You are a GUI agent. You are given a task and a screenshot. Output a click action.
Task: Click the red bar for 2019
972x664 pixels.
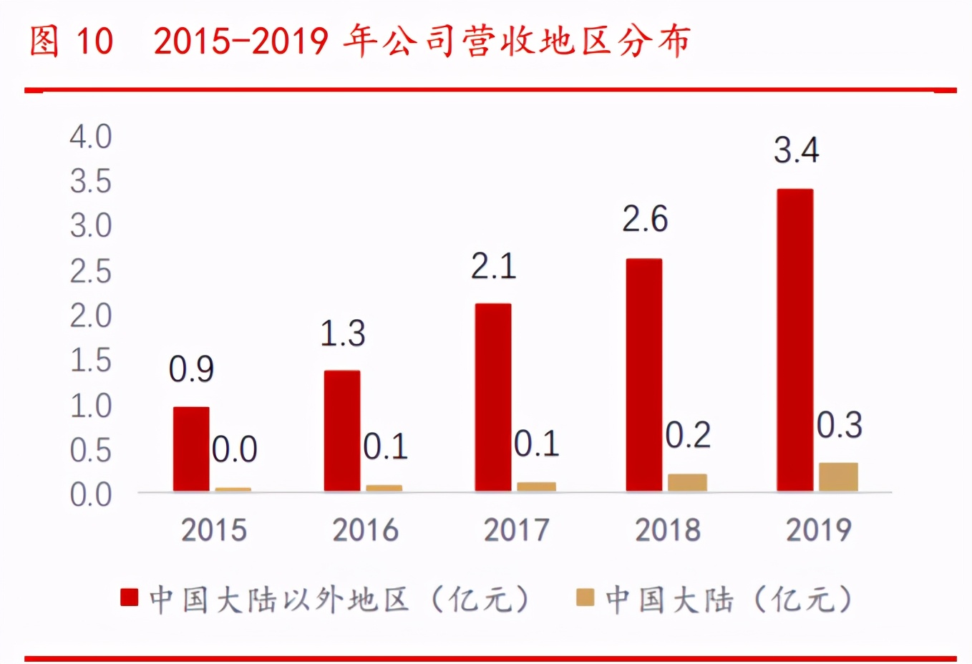click(x=794, y=340)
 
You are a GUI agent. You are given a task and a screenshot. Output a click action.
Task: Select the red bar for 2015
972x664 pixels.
click(x=191, y=449)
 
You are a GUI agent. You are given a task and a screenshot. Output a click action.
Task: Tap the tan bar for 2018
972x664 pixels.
click(x=687, y=482)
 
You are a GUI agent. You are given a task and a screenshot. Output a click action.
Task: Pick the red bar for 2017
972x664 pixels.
click(x=493, y=397)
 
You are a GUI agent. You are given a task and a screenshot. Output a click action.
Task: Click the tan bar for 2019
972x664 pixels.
click(x=838, y=477)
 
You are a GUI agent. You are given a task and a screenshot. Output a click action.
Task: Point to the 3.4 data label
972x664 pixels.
click(x=796, y=150)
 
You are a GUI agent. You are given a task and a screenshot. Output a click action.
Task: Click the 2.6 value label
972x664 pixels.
click(x=644, y=219)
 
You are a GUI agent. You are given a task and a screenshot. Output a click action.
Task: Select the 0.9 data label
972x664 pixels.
click(x=191, y=369)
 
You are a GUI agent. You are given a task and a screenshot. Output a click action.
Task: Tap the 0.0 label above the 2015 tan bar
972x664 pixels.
click(x=235, y=450)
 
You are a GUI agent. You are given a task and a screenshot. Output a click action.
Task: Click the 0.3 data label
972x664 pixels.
click(x=840, y=426)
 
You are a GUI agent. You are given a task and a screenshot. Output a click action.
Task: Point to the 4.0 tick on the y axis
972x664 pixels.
click(x=91, y=137)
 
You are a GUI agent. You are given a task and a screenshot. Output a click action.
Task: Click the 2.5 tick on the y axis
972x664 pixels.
click(x=91, y=272)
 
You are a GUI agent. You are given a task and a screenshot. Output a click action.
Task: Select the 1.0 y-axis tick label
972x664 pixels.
click(x=91, y=406)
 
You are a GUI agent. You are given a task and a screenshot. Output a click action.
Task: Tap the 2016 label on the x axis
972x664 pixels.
click(x=365, y=530)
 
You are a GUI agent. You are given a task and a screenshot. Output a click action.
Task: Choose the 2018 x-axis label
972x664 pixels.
click(x=667, y=530)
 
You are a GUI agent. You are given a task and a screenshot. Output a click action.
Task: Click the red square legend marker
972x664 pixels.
click(x=130, y=597)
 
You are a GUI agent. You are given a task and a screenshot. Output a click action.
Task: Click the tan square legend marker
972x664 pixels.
click(x=585, y=597)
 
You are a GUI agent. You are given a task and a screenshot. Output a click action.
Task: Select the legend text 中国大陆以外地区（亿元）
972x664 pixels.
click(x=340, y=599)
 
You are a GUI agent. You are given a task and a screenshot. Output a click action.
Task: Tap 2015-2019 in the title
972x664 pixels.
click(x=240, y=41)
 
